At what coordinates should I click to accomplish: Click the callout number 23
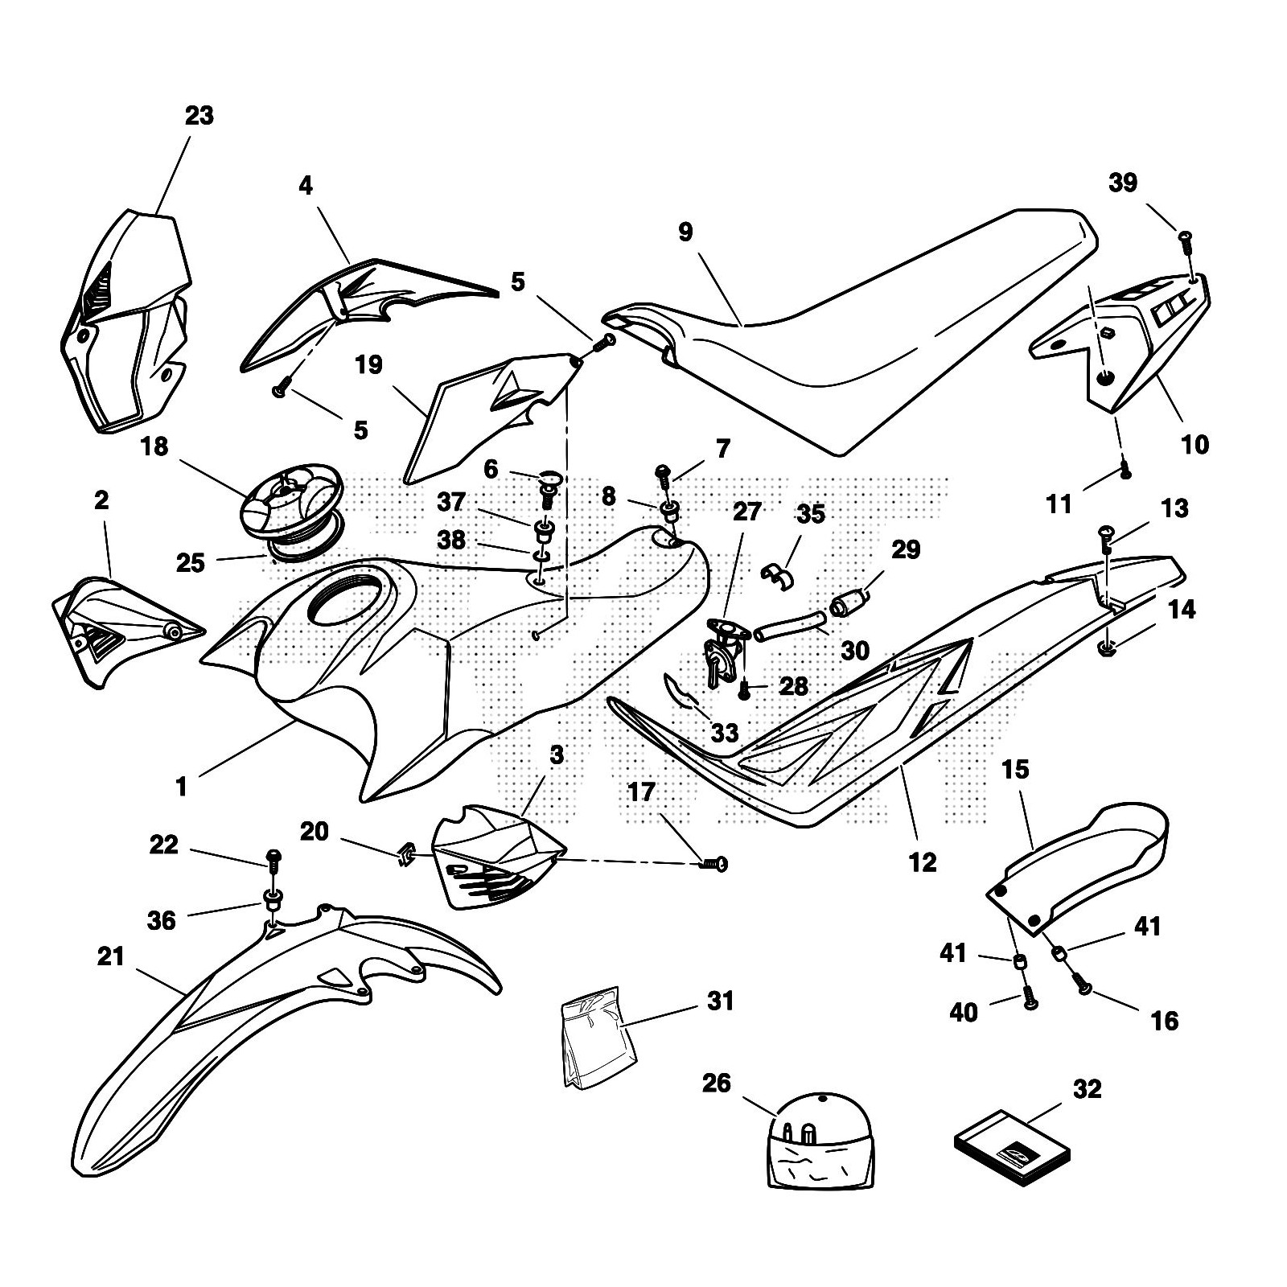199,116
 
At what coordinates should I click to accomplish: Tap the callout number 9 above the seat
685,232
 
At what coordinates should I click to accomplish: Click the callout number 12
922,862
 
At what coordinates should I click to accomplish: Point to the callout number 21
111,956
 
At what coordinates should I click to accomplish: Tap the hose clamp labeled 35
777,572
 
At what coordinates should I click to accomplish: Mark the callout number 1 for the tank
181,785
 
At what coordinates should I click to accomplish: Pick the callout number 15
1015,770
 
